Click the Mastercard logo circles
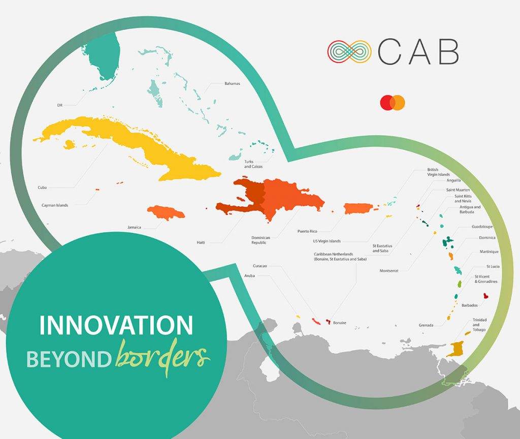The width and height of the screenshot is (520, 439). point(393,103)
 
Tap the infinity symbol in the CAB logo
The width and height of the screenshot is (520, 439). point(349,52)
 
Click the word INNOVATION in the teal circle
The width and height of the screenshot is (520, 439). point(116,325)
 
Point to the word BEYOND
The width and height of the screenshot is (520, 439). point(69,359)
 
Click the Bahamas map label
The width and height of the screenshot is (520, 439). point(232,84)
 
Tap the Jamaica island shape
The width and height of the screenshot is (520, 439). point(166,212)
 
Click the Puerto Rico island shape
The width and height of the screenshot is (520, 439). point(359,209)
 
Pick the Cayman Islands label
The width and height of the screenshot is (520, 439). point(55,205)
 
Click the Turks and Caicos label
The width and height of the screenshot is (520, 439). point(253,164)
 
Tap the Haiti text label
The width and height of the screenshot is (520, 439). point(201,242)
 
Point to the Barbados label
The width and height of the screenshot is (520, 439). point(470,305)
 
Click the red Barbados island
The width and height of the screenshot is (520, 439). point(486,296)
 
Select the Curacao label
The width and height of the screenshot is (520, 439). point(259,266)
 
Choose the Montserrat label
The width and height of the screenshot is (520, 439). point(389,271)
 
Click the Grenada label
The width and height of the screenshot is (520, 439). point(426,325)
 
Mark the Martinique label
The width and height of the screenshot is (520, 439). point(489,252)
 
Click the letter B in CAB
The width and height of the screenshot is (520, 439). point(449,51)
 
